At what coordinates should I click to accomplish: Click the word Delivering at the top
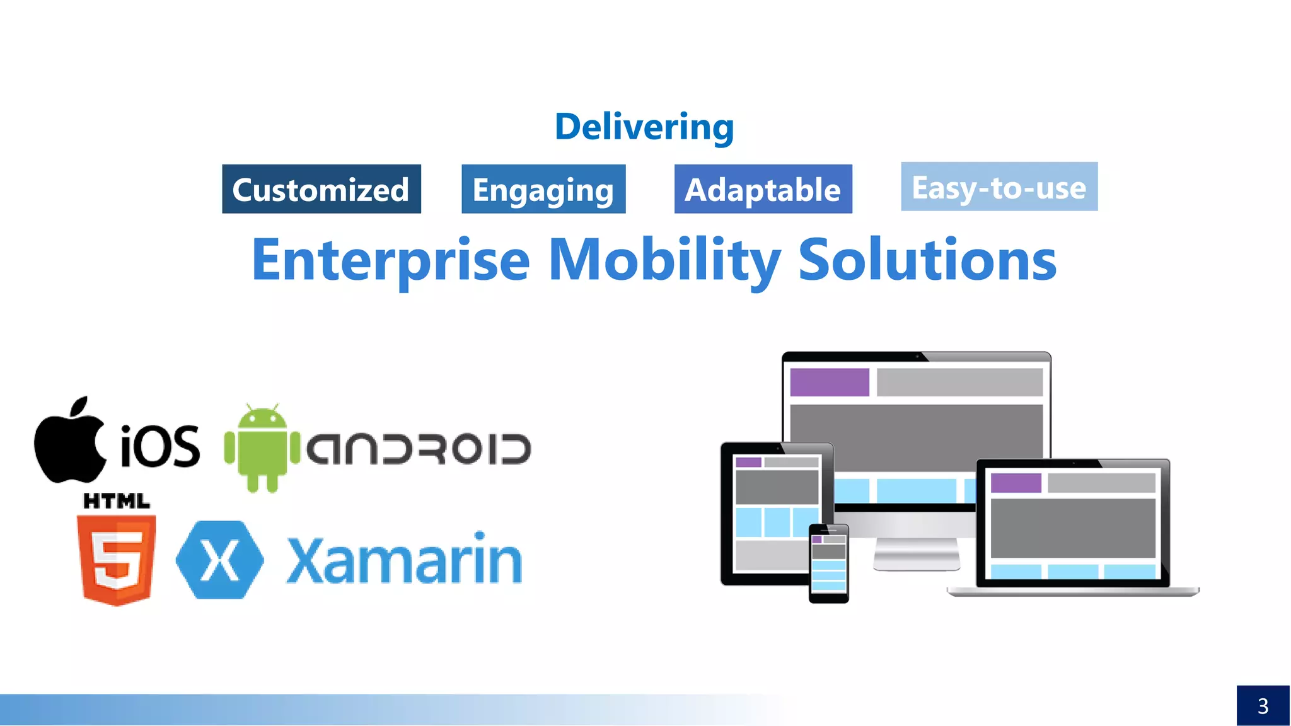point(644,127)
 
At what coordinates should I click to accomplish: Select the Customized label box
point(321,189)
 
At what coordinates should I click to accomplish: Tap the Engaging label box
point(543,189)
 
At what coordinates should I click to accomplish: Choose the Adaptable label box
point(763,189)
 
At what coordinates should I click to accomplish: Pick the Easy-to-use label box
point(999,187)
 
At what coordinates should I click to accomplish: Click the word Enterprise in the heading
point(391,260)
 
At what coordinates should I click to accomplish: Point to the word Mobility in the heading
point(664,260)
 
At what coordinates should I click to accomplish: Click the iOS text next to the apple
point(160,446)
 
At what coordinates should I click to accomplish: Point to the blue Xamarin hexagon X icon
point(219,560)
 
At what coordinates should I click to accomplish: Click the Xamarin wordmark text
point(404,560)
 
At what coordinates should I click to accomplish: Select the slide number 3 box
point(1263,705)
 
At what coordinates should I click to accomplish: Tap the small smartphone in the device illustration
point(828,563)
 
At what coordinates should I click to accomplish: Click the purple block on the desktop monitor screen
point(829,382)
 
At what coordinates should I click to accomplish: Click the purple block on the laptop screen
point(1016,483)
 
